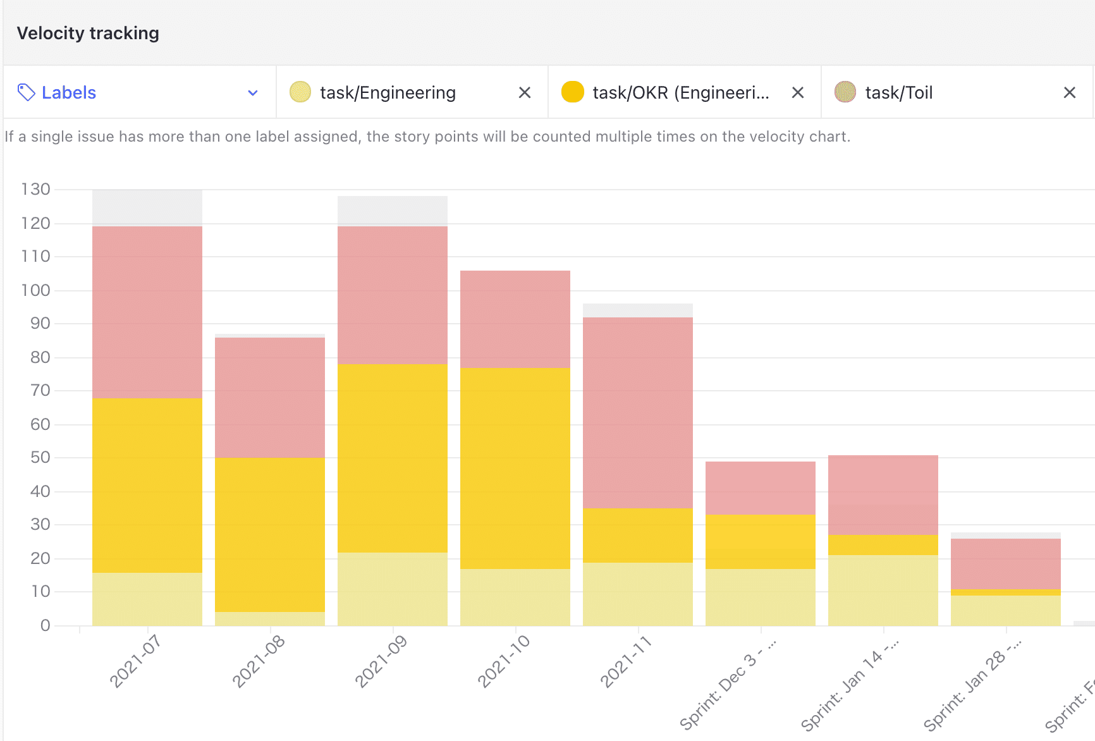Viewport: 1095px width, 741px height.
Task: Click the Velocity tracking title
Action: point(88,33)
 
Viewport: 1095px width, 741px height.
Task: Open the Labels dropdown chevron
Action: point(253,93)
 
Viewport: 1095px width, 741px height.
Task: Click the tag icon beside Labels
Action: point(26,92)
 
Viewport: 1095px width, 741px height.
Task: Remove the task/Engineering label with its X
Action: point(524,93)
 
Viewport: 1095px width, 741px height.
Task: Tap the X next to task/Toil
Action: point(1069,93)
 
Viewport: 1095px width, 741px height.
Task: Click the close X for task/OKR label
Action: point(797,93)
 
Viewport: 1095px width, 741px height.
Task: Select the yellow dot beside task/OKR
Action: point(572,92)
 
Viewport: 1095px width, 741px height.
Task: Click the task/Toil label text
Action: point(898,93)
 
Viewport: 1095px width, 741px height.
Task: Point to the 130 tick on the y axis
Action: point(35,189)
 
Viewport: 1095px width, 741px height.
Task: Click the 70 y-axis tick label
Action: point(40,390)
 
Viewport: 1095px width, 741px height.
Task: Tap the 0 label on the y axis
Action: point(45,625)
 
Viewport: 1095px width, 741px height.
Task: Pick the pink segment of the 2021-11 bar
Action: point(637,412)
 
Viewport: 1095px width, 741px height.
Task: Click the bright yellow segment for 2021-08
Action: point(269,534)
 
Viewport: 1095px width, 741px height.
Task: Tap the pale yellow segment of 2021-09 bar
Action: point(392,589)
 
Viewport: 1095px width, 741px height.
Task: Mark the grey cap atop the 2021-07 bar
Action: point(147,207)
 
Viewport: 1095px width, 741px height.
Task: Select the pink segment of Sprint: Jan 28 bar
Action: point(1005,563)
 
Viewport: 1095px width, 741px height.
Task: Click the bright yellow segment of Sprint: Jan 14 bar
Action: point(883,545)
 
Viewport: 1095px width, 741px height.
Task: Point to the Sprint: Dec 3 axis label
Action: point(728,692)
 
